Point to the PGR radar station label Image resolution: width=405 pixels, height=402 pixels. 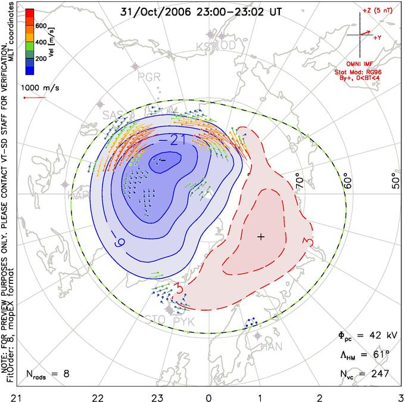click(x=149, y=76)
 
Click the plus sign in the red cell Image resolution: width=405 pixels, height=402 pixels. click(x=260, y=237)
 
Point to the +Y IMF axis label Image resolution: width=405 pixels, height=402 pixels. click(x=378, y=37)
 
